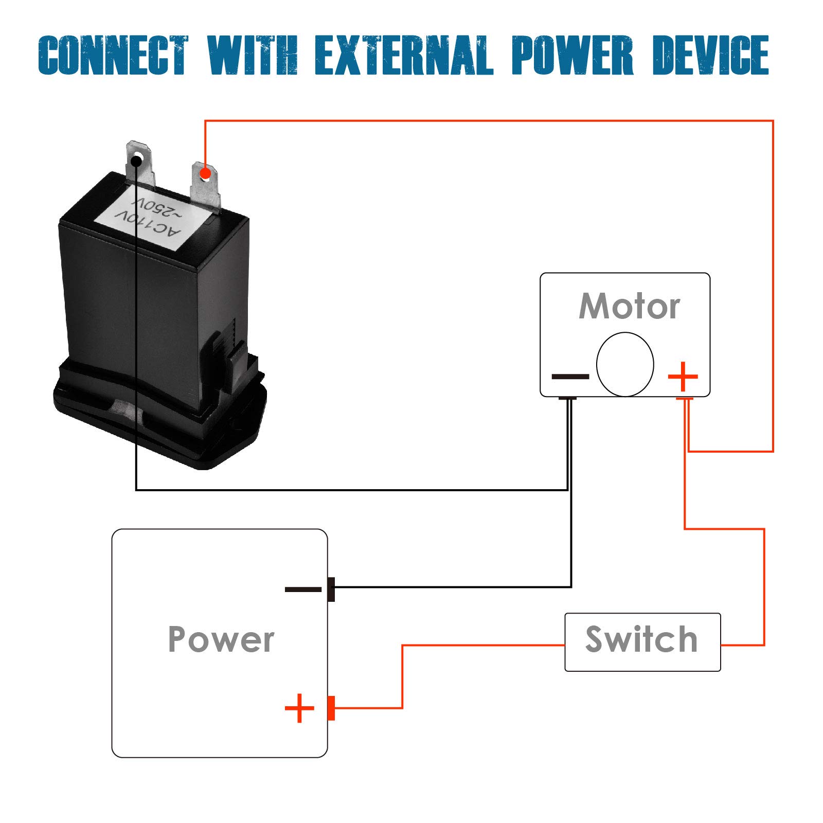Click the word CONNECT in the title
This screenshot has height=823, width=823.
(114, 56)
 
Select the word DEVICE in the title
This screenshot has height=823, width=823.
(710, 56)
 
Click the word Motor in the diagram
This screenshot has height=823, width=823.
(629, 307)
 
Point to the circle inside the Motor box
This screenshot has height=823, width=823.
(625, 364)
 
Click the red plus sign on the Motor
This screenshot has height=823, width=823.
(683, 377)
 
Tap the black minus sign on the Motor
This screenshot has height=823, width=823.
(570, 377)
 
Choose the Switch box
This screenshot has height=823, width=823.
(642, 641)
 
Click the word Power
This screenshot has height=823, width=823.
(221, 639)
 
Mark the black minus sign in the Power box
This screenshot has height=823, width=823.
(303, 589)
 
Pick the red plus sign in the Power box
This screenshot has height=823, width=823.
(299, 708)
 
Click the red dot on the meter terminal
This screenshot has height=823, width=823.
(205, 174)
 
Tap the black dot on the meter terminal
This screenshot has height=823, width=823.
(136, 162)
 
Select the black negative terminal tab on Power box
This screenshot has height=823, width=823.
(331, 589)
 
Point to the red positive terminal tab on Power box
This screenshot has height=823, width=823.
(331, 708)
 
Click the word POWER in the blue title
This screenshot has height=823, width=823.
(572, 56)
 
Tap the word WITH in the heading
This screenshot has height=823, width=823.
(253, 56)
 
